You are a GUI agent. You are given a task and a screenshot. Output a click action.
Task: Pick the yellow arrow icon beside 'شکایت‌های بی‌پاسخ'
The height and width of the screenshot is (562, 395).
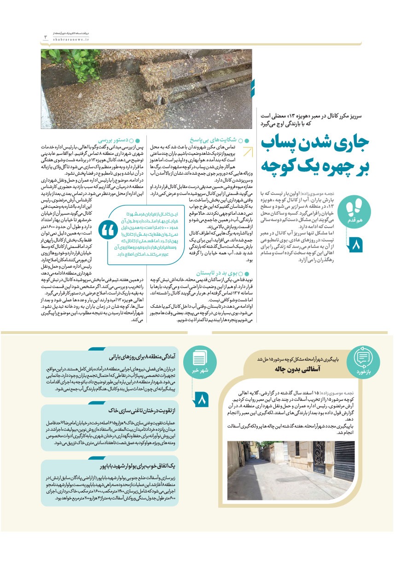pyautogui.click(x=249, y=152)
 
